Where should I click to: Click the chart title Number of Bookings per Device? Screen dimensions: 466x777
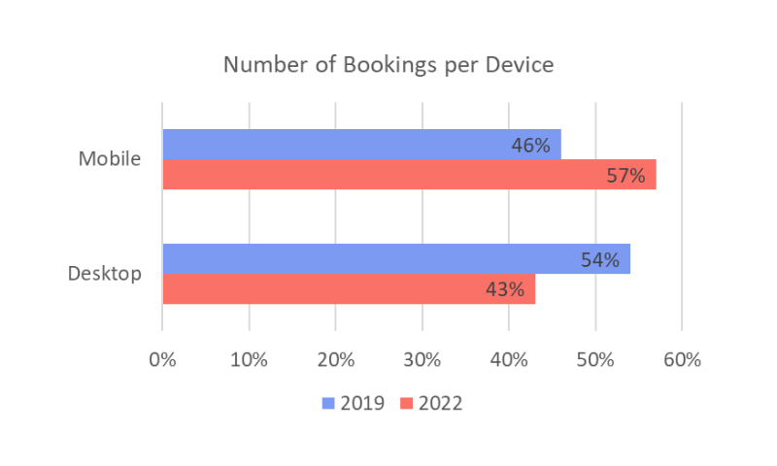point(388,65)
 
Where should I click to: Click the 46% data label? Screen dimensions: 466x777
point(530,146)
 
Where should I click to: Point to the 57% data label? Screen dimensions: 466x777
point(625,176)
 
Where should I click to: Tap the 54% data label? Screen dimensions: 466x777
point(599,260)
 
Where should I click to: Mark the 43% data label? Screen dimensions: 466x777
point(505,289)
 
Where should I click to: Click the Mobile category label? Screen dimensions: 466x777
point(110,159)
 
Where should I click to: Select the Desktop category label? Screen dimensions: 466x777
point(104,274)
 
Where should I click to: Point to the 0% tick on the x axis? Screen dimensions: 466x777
point(162,359)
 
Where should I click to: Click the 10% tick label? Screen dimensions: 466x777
point(249,359)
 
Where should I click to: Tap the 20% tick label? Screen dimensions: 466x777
point(335,359)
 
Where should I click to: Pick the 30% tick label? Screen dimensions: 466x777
point(422,359)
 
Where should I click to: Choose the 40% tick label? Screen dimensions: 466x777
point(509,359)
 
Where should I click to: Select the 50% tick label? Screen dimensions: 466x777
point(595,359)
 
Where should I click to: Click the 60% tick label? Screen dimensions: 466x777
point(682,359)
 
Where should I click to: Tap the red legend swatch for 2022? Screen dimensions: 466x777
point(406,403)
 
